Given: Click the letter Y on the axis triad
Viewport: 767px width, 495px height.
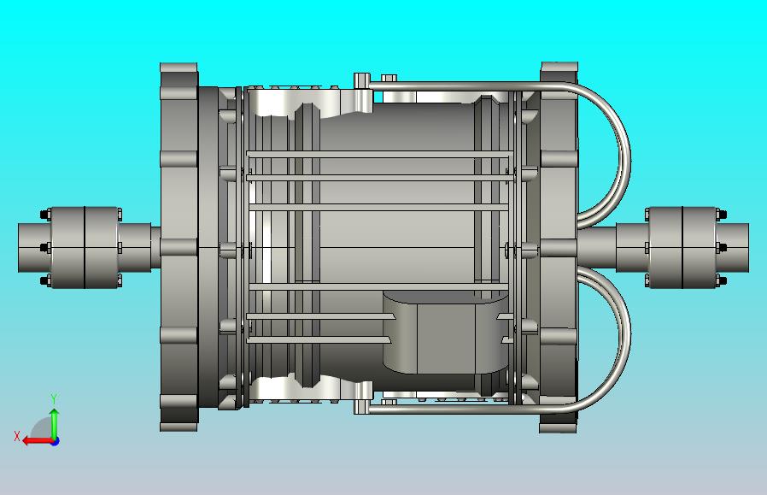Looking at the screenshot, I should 54,398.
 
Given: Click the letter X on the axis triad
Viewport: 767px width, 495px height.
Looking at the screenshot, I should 17,436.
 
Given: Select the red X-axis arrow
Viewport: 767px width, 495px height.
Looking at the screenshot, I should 34,441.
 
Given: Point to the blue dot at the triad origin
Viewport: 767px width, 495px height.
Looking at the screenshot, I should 55,441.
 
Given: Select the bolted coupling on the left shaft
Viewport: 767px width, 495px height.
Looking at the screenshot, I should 84,247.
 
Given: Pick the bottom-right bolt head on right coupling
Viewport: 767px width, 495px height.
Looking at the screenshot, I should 721,280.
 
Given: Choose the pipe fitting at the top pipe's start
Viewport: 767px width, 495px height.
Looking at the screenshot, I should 361,81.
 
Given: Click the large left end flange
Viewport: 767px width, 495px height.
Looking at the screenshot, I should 179,247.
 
